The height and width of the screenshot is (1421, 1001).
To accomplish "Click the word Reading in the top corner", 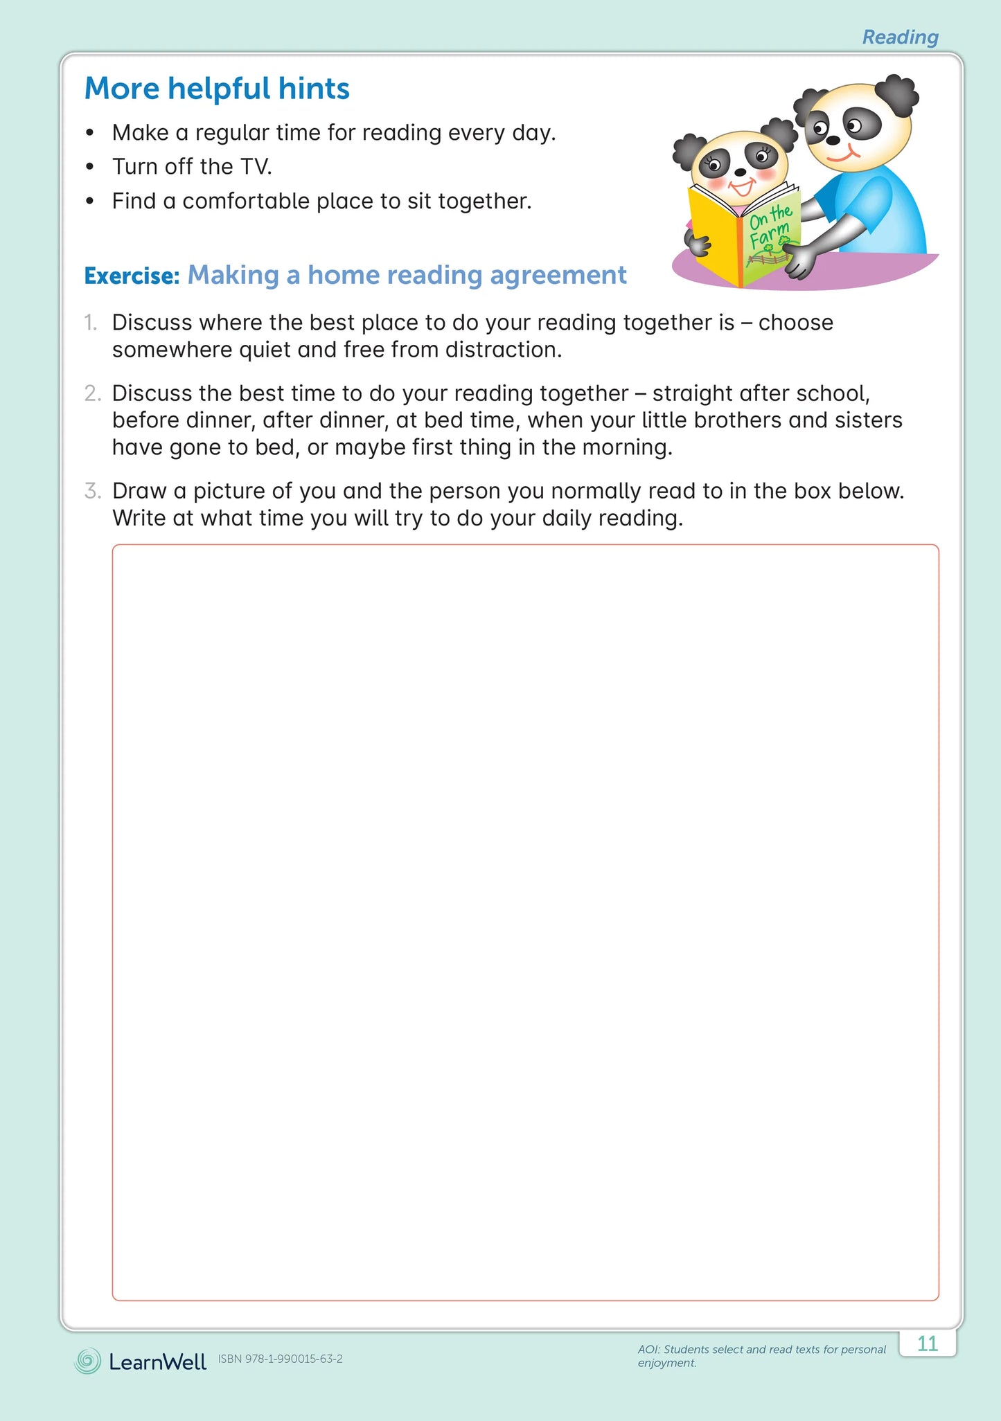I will click(x=900, y=37).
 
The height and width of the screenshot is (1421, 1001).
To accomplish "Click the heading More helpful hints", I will click(x=217, y=89).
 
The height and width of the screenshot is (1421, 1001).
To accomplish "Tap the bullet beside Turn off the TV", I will click(x=89, y=167).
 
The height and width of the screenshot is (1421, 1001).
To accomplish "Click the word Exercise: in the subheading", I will click(x=132, y=276).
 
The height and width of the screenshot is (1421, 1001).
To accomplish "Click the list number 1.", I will click(x=90, y=323).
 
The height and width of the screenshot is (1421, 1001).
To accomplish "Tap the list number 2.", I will click(x=92, y=393).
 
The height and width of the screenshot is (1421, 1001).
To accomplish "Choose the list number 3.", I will click(x=92, y=491).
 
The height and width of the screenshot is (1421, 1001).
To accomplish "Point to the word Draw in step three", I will click(x=139, y=491).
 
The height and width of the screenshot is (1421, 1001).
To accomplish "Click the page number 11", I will click(x=927, y=1343).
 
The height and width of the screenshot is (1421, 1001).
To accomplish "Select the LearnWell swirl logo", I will click(x=87, y=1361).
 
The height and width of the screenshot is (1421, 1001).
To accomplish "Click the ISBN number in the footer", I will click(x=281, y=1359).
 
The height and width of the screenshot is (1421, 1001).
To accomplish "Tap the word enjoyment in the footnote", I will click(x=666, y=1363).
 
